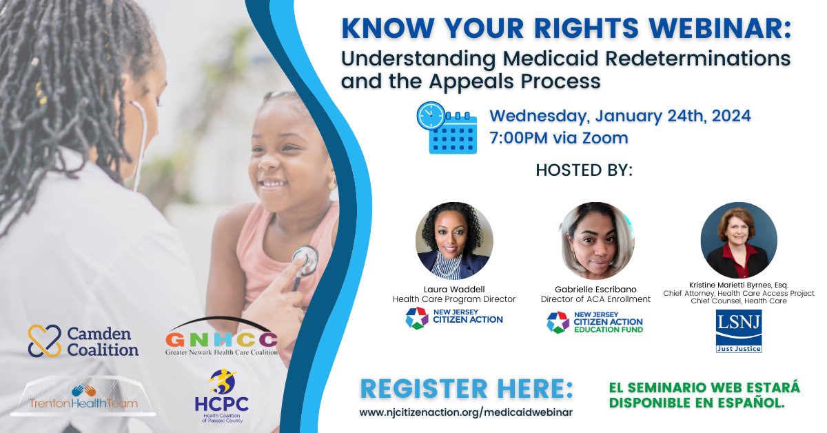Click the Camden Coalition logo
click(83, 341)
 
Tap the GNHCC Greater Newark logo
click(221, 336)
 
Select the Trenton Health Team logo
click(83, 396)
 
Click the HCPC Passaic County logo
click(222, 396)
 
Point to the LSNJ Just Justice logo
click(739, 331)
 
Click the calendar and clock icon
click(447, 128)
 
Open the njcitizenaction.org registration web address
click(466, 412)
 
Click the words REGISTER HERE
click(467, 389)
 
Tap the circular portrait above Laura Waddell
click(454, 241)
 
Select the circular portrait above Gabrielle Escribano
click(595, 241)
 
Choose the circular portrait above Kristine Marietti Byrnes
click(739, 240)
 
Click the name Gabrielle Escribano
click(595, 290)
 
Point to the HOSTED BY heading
click(584, 170)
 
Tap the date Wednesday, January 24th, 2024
click(620, 116)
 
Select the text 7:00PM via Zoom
click(559, 138)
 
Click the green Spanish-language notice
click(704, 395)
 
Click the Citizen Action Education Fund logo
click(595, 323)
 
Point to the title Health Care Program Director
click(454, 299)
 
